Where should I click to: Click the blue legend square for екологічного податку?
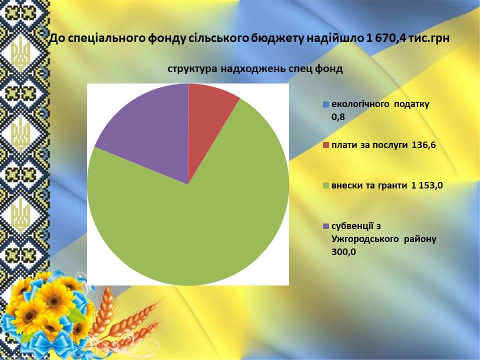coord(325,104)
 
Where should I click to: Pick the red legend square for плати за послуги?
coord(325,145)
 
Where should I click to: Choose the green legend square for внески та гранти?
coord(325,185)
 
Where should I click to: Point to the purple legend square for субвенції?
coord(325,226)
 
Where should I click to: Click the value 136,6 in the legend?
coord(423,145)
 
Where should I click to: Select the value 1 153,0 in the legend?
coord(427,185)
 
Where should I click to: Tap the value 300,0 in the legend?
coord(344,252)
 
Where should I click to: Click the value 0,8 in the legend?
coord(338,116)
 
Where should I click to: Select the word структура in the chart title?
coord(192,69)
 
